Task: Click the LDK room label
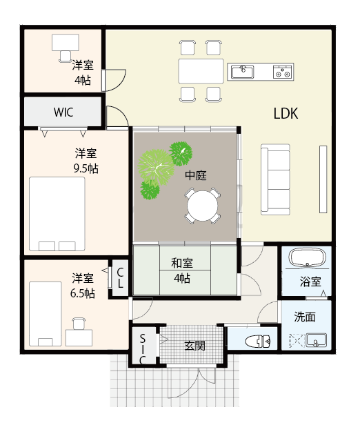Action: [285, 114]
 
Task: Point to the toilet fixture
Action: [258, 340]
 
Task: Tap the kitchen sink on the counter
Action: [242, 71]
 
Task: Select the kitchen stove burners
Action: [283, 71]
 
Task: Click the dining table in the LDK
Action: [201, 71]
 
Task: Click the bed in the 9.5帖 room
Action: [57, 214]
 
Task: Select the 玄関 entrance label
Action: [194, 345]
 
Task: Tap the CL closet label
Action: [120, 279]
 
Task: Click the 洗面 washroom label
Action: [305, 317]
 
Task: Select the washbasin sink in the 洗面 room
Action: [317, 340]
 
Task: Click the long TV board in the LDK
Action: [321, 179]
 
